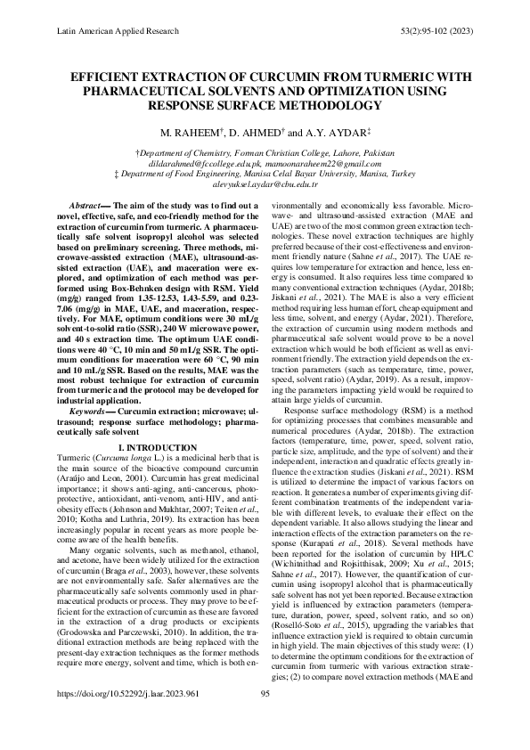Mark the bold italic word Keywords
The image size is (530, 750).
pyautogui.click(x=88, y=411)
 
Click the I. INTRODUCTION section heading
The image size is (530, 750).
pyautogui.click(x=157, y=446)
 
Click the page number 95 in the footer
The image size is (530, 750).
pyautogui.click(x=265, y=717)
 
